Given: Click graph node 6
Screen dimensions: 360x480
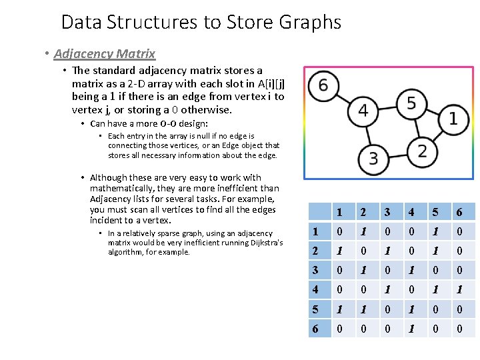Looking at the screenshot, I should click(x=323, y=85).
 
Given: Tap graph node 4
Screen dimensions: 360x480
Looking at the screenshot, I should click(x=363, y=110).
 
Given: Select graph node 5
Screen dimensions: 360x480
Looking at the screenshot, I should click(x=411, y=103).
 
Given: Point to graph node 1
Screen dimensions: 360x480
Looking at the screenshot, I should click(x=453, y=119).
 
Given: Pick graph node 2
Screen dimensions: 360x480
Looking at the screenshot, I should click(x=422, y=150).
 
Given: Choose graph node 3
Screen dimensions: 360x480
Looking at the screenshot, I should click(x=373, y=158).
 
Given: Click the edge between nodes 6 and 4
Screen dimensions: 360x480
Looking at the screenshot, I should click(x=343, y=97).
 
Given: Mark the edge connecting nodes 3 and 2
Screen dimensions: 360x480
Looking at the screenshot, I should click(x=397, y=154).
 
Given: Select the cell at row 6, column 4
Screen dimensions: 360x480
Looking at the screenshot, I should click(x=412, y=329).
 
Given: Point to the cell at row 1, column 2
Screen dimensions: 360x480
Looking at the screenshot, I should click(x=364, y=232).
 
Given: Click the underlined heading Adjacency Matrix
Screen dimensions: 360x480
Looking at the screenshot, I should click(x=105, y=53).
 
